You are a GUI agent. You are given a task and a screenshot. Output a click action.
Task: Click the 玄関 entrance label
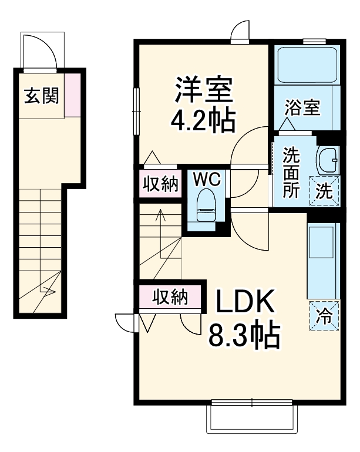tap(41, 96)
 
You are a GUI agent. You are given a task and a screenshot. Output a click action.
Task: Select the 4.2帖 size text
tap(203, 121)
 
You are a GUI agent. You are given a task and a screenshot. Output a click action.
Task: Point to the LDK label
tap(246, 303)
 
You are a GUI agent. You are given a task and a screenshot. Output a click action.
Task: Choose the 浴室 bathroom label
tap(303, 108)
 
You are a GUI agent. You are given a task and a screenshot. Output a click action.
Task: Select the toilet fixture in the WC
tap(206, 206)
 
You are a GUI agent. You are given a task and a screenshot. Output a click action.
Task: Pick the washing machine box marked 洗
tap(325, 191)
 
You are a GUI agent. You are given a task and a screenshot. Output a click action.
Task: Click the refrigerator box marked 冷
tap(325, 316)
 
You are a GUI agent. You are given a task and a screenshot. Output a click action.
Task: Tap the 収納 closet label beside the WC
tap(160, 184)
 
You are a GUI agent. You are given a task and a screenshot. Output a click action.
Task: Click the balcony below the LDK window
tap(251, 420)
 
